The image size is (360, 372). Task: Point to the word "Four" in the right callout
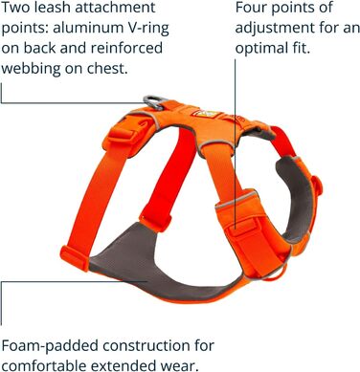click(252, 9)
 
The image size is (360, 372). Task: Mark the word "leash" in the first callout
click(58, 9)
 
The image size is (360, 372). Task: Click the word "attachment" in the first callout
click(127, 9)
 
